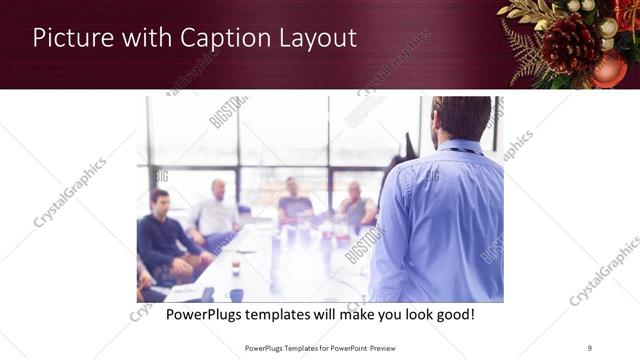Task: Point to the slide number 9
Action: [589, 347]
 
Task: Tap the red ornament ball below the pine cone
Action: [609, 69]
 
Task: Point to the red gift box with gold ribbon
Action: [628, 15]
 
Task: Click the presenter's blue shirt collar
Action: [457, 147]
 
